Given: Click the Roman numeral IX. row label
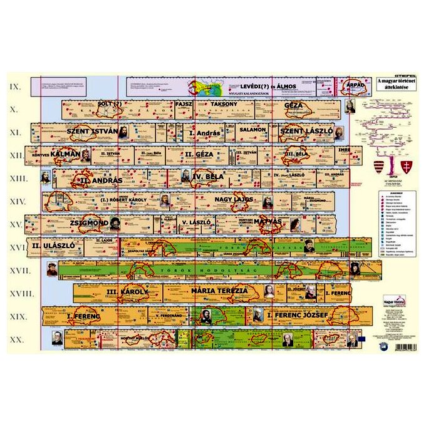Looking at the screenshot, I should (x=16, y=86).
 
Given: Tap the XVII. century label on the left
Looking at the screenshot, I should (x=17, y=270).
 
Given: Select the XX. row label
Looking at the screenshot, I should (x=17, y=339).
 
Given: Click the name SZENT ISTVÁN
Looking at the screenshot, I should (x=92, y=131).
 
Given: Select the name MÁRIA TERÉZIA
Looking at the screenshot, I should (x=219, y=291).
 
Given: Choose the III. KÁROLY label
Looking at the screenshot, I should (x=128, y=293).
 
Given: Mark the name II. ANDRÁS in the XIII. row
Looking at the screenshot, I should (x=102, y=180).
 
